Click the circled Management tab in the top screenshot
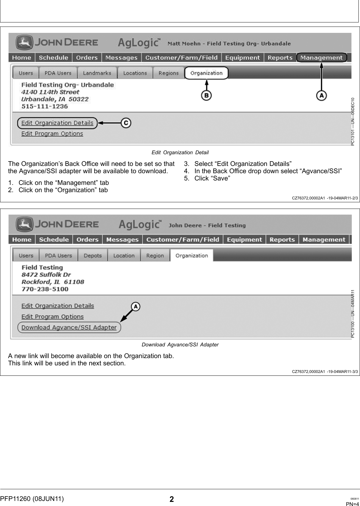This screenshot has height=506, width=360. click(x=321, y=58)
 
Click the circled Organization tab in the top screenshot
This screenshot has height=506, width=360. click(x=206, y=73)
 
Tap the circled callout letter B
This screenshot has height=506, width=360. click(x=206, y=95)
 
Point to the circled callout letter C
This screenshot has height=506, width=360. click(x=126, y=123)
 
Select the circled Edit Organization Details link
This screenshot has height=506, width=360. click(x=57, y=123)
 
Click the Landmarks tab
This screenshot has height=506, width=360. click(x=97, y=73)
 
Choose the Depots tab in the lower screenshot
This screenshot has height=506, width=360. click(x=93, y=256)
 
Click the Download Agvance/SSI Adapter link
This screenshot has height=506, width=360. click(x=69, y=327)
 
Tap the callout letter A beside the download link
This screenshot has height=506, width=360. click(x=135, y=307)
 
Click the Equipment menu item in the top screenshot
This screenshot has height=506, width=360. click(x=243, y=58)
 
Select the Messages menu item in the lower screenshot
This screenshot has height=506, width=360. click(x=122, y=240)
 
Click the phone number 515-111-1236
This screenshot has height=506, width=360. click(x=45, y=107)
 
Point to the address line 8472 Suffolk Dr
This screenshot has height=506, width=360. click(x=46, y=275)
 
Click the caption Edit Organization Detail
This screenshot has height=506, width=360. click(x=180, y=153)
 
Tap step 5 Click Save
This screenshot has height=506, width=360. click(x=212, y=178)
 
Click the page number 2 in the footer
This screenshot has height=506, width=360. click(x=171, y=499)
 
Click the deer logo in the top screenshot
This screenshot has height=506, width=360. click(x=24, y=42)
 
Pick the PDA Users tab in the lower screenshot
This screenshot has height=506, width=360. click(x=58, y=256)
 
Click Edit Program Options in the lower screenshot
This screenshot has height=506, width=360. click(x=53, y=317)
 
